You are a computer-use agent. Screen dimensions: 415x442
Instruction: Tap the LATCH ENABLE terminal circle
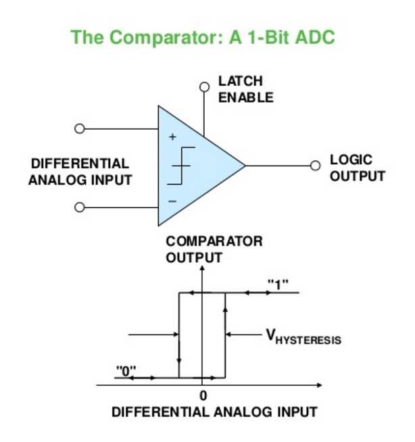click(x=204, y=87)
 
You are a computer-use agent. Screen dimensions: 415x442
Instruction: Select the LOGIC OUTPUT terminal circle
click(x=315, y=166)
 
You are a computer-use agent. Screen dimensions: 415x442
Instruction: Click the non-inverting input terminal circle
click(x=80, y=128)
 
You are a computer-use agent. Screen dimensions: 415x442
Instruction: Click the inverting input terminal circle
click(x=80, y=207)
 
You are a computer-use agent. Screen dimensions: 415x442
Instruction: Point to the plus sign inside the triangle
click(x=172, y=137)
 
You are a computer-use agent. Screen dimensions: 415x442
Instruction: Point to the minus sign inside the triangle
click(x=172, y=201)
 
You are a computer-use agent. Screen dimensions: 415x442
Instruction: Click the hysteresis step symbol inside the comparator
click(x=181, y=166)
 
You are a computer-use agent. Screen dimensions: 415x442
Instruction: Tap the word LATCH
click(x=241, y=81)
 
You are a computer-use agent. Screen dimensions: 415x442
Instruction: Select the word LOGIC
click(x=351, y=159)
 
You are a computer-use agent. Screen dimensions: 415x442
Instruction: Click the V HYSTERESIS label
click(x=303, y=337)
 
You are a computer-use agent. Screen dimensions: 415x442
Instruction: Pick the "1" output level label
click(x=278, y=284)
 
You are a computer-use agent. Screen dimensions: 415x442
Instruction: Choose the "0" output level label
click(x=126, y=370)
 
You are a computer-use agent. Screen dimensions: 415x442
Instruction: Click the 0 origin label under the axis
click(x=203, y=395)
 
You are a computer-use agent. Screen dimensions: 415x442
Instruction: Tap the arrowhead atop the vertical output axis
click(x=202, y=268)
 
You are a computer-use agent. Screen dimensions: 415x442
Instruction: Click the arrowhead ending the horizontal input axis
click(x=319, y=385)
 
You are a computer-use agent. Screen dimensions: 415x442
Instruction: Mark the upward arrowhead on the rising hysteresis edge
click(x=225, y=309)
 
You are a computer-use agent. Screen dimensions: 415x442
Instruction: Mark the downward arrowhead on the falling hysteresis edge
click(x=179, y=360)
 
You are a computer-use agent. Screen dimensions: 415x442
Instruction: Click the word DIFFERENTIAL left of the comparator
click(x=80, y=164)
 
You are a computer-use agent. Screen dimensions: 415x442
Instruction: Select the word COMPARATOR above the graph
click(x=214, y=241)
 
